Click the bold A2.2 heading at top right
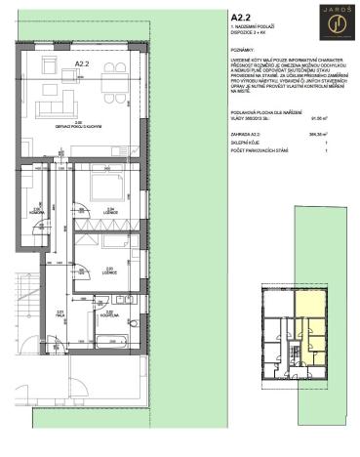point(240,18)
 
